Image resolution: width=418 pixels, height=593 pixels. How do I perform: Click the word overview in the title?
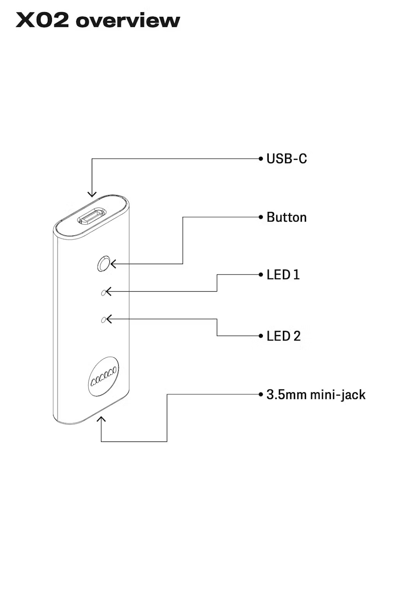(x=128, y=21)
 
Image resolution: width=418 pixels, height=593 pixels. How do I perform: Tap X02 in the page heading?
(x=42, y=20)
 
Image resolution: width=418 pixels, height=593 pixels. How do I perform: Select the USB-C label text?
(x=286, y=159)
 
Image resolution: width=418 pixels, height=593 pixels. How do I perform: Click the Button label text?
(x=286, y=217)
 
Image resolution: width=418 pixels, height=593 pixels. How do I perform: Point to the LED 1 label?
(x=283, y=275)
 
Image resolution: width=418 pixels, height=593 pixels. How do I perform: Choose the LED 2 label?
(x=284, y=336)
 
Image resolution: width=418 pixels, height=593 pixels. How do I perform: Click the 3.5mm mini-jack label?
(x=316, y=395)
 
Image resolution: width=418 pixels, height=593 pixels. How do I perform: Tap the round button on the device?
(x=104, y=264)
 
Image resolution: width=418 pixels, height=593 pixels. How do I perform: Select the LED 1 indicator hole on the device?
(x=104, y=292)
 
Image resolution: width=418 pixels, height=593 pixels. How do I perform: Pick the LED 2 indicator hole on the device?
(x=104, y=320)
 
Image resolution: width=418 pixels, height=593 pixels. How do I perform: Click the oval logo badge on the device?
(x=103, y=376)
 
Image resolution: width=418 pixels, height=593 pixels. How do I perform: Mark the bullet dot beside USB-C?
(x=261, y=159)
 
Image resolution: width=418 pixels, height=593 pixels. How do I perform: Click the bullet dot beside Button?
(x=261, y=217)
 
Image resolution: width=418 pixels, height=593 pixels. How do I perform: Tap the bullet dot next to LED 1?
(x=261, y=275)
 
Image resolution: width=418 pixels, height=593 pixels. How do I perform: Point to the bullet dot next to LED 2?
(x=261, y=336)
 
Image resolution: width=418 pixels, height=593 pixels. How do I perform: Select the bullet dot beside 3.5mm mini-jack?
(x=261, y=394)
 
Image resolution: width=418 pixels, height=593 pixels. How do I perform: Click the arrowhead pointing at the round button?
(x=113, y=264)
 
